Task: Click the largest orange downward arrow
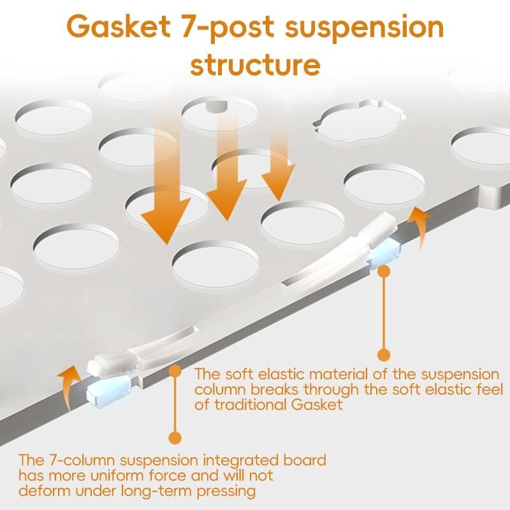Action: click(x=166, y=191)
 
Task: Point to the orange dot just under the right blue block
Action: click(x=384, y=271)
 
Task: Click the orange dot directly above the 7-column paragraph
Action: click(x=174, y=437)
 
